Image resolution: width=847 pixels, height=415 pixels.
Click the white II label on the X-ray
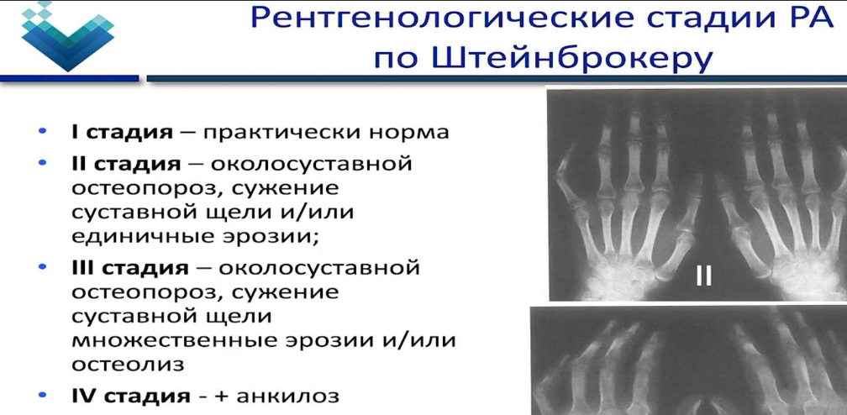click(x=704, y=275)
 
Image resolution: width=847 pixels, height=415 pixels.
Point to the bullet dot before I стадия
click(x=43, y=131)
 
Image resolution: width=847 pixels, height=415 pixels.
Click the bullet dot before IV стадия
click(x=43, y=396)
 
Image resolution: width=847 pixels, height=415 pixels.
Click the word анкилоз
click(x=288, y=397)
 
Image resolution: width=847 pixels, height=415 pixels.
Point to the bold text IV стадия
click(x=131, y=397)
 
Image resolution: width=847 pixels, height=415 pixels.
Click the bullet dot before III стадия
click(x=43, y=266)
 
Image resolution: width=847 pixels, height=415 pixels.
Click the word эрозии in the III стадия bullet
click(x=334, y=340)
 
